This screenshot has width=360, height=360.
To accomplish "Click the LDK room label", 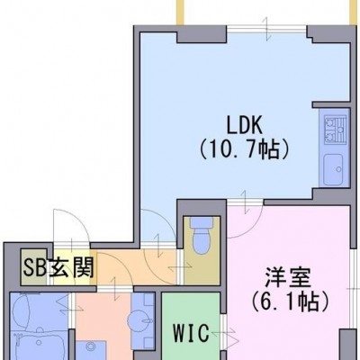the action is [x=244, y=126].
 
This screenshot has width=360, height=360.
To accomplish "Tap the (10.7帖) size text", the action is [x=244, y=149].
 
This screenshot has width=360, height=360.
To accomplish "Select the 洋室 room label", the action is [x=288, y=278].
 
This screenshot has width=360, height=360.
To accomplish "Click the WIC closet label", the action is [x=192, y=333].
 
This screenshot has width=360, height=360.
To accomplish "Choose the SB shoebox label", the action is [x=35, y=267].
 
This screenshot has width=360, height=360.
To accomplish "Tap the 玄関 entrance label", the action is [x=71, y=267].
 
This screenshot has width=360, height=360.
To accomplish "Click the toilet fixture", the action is [x=202, y=235].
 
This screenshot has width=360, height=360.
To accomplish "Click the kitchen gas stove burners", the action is [x=335, y=129].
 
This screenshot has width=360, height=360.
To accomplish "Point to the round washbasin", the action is [x=139, y=320].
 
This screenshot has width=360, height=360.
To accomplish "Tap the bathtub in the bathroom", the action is [x=38, y=345].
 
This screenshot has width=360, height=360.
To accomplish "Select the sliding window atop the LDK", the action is [x=266, y=29].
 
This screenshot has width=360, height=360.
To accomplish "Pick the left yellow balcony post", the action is [x=180, y=12].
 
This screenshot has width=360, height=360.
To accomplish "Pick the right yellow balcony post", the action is [x=353, y=12].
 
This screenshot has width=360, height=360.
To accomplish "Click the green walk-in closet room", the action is [x=191, y=326].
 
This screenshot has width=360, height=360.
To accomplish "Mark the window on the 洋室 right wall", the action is [x=353, y=288].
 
